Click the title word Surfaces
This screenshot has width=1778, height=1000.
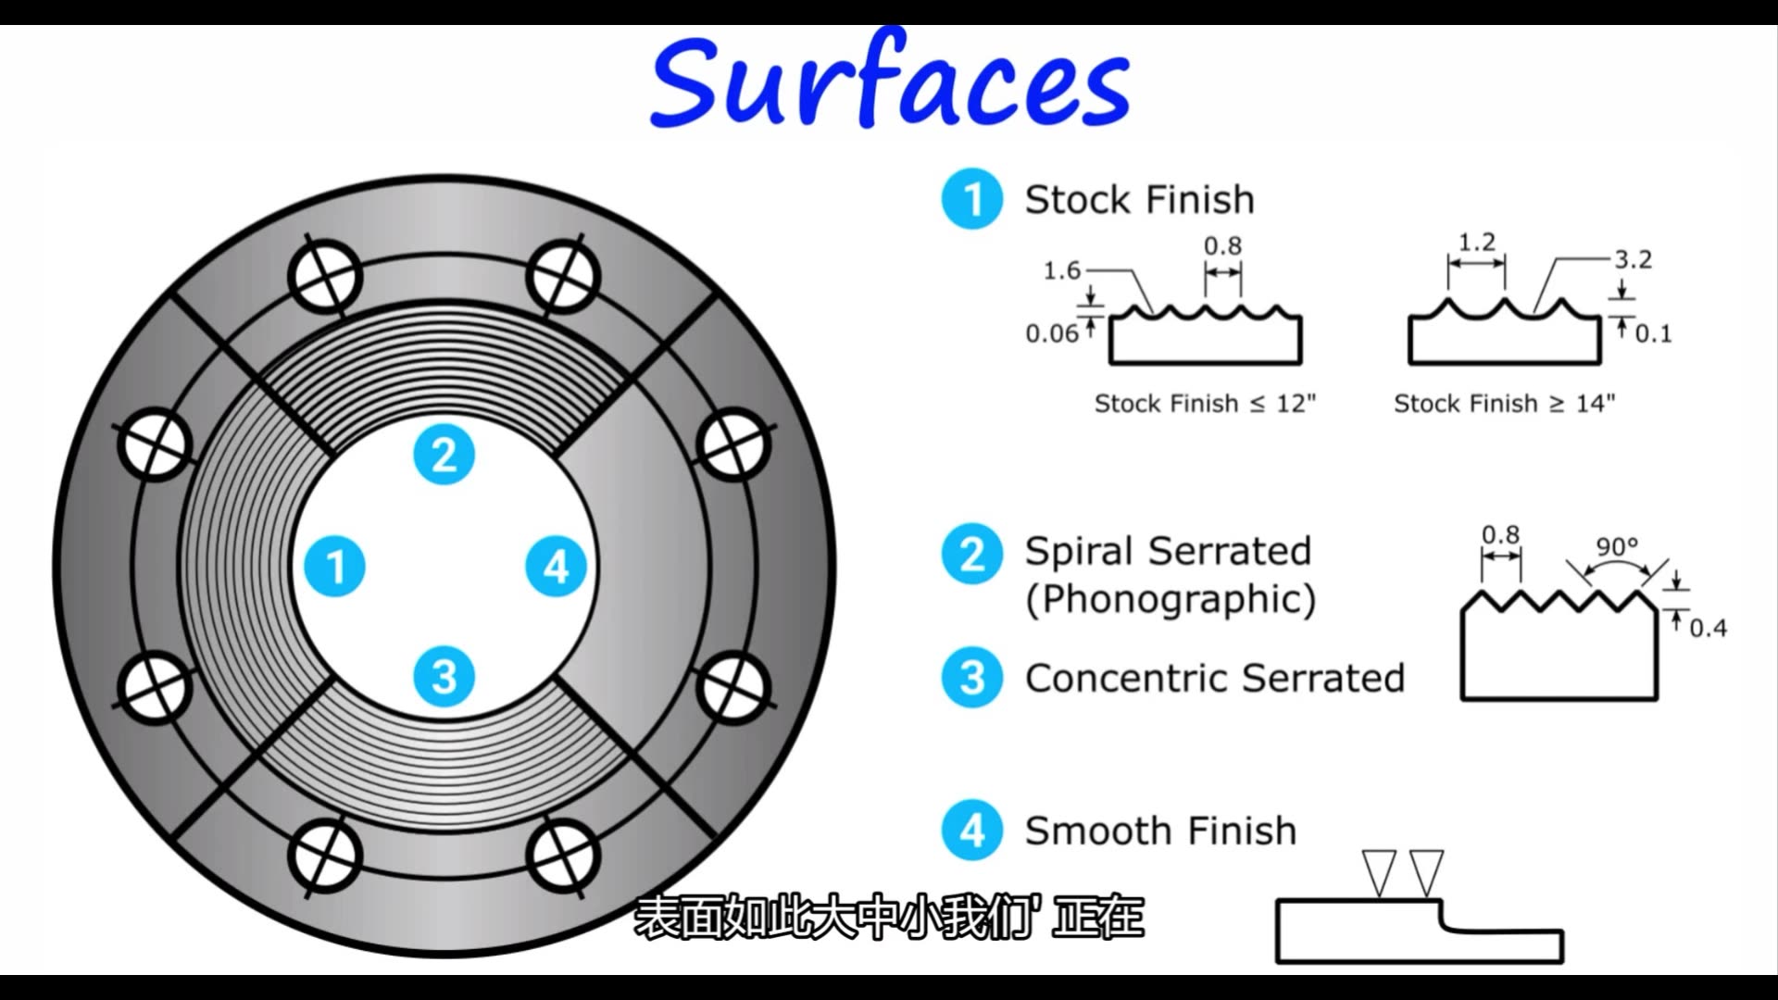tap(890, 83)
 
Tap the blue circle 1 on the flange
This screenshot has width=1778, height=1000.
tap(336, 567)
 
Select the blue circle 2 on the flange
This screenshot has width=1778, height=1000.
tap(444, 455)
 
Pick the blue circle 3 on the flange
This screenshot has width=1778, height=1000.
tap(444, 677)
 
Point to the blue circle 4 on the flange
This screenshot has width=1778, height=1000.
tap(556, 567)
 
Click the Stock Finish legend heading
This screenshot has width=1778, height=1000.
tap(1139, 200)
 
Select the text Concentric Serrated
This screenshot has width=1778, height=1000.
tap(1214, 679)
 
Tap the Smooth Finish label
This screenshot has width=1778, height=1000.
tap(1159, 831)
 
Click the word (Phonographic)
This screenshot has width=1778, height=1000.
tap(1171, 600)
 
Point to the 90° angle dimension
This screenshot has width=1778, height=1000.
tap(1617, 547)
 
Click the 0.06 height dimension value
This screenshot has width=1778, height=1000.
tap(1052, 334)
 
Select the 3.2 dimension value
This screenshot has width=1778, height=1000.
tap(1634, 260)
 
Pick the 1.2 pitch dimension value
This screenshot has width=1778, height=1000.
tap(1477, 243)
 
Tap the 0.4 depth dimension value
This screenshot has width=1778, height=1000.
tap(1709, 629)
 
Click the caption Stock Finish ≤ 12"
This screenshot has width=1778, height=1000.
tap(1205, 404)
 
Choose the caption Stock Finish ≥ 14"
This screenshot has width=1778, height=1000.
tap(1504, 404)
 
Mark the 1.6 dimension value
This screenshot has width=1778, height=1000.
tap(1062, 271)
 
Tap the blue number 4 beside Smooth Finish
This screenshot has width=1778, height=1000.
tap(972, 831)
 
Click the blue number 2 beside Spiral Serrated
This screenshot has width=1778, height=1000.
tap(972, 554)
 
